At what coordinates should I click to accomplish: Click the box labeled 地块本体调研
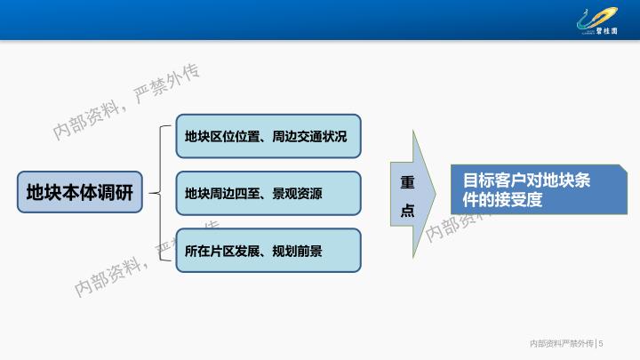80,192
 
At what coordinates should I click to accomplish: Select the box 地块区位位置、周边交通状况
268,136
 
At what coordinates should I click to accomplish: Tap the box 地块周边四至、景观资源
268,193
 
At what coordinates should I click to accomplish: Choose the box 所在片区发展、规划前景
268,250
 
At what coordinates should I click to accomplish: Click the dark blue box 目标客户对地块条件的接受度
539,189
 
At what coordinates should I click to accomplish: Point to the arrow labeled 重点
413,195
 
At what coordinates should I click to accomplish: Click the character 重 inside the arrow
407,182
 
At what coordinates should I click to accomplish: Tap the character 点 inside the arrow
407,210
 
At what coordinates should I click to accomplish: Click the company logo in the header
597,21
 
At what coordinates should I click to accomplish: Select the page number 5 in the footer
601,344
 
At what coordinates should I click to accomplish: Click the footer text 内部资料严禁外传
562,344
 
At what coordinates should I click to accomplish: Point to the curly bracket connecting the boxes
160,193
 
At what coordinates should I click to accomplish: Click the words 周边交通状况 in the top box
309,136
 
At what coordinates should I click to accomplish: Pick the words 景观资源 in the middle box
297,194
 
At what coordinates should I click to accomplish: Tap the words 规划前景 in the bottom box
297,251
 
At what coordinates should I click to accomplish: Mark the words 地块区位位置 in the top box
222,136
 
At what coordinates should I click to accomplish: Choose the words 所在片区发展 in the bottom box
222,251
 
